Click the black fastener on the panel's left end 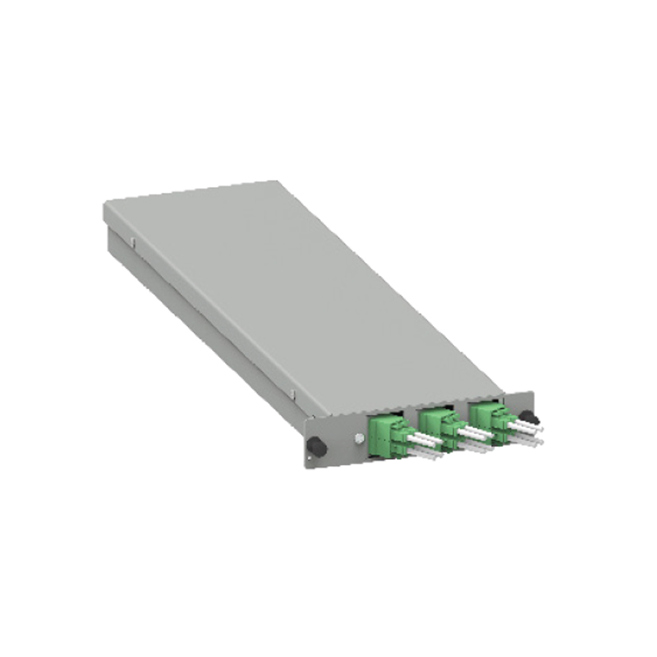coord(315,448)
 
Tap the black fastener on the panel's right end coord(524,417)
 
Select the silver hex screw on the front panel coord(359,438)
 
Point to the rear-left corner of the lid coord(106,204)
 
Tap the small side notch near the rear coord(131,242)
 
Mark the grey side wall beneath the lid coord(205,328)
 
